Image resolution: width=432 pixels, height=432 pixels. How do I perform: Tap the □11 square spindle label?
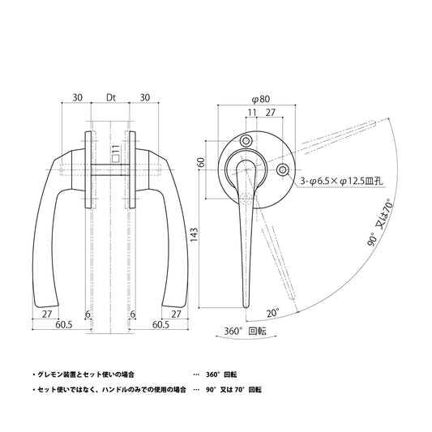pyautogui.click(x=116, y=154)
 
